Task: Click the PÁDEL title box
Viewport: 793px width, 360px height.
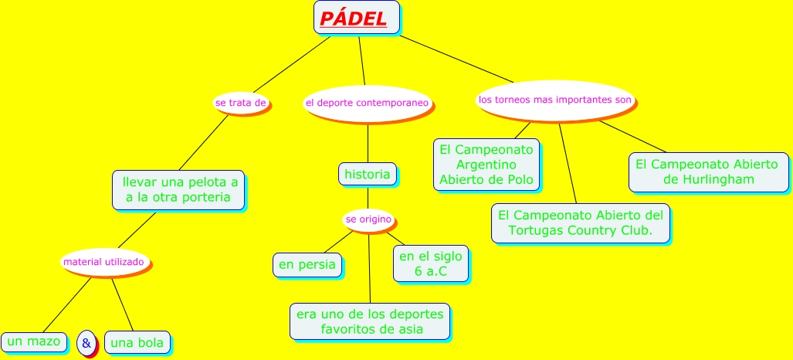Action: pyautogui.click(x=356, y=18)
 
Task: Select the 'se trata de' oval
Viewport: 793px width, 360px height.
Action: pyautogui.click(x=241, y=102)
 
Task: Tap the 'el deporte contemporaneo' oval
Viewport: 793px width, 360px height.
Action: pyautogui.click(x=366, y=103)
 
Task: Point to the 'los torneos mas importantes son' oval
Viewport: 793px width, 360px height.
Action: pyautogui.click(x=554, y=100)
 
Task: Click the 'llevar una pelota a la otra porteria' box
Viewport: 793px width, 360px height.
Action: pyautogui.click(x=178, y=190)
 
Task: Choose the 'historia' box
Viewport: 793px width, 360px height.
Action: pyautogui.click(x=368, y=174)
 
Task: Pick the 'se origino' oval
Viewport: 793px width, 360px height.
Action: pyautogui.click(x=368, y=220)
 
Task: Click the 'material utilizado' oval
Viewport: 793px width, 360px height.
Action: pyautogui.click(x=103, y=263)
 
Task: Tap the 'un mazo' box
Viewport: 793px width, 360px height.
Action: pyautogui.click(x=33, y=341)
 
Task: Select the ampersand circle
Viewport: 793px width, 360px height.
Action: pyautogui.click(x=86, y=342)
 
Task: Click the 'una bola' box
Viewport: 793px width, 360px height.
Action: pyautogui.click(x=137, y=342)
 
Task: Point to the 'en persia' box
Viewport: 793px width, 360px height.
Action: pyautogui.click(x=307, y=265)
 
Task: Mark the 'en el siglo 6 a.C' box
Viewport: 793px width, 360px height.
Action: pyautogui.click(x=431, y=263)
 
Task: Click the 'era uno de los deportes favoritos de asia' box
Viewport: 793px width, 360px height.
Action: pyautogui.click(x=370, y=321)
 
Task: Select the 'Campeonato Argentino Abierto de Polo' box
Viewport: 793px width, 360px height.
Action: pyautogui.click(x=486, y=165)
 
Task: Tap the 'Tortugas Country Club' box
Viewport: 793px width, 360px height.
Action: pyautogui.click(x=580, y=222)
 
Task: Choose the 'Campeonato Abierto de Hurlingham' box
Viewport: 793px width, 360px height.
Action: pyautogui.click(x=708, y=172)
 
